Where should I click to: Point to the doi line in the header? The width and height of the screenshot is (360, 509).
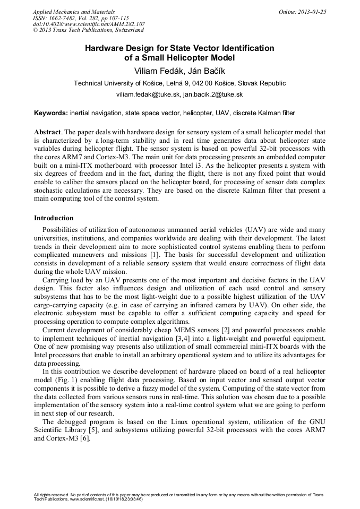tap(89, 24)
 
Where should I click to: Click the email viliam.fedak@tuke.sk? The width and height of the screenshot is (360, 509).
tap(148, 94)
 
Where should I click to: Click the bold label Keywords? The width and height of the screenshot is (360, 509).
tap(51, 113)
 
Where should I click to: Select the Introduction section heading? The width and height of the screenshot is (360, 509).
tap(54, 218)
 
